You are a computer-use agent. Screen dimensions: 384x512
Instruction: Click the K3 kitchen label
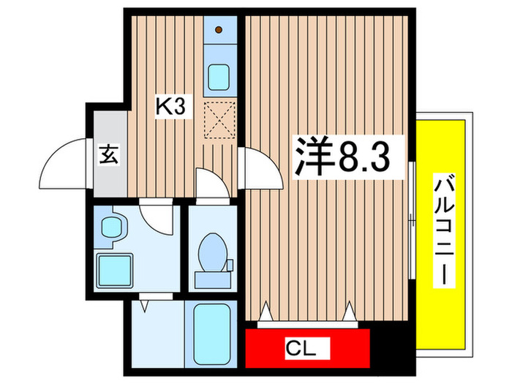[173, 108]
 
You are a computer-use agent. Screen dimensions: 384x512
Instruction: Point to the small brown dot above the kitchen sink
[219, 30]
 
